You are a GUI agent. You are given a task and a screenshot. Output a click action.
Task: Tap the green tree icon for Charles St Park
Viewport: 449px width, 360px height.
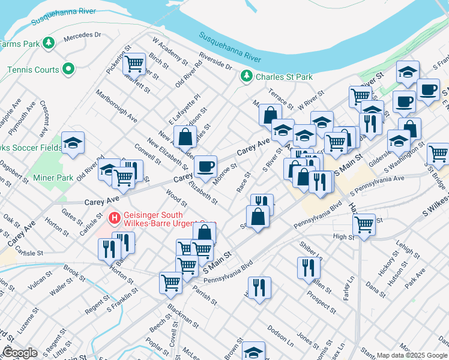click(x=246, y=76)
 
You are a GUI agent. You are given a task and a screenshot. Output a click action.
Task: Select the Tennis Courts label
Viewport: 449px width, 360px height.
click(x=33, y=70)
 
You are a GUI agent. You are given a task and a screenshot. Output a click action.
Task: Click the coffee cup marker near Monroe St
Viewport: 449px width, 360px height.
click(x=206, y=166)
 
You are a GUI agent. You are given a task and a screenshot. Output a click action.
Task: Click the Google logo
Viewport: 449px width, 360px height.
click(x=20, y=352)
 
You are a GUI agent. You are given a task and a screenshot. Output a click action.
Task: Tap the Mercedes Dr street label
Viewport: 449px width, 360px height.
click(x=83, y=36)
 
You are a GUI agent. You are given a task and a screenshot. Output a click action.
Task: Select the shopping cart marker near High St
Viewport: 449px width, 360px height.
click(x=364, y=226)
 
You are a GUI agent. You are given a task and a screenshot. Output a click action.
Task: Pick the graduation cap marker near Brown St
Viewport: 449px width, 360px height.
click(x=253, y=351)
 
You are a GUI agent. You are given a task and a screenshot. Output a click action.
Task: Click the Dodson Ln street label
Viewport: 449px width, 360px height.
click(x=280, y=335)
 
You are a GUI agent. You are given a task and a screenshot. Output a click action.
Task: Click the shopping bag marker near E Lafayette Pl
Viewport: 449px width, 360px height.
click(x=185, y=137)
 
